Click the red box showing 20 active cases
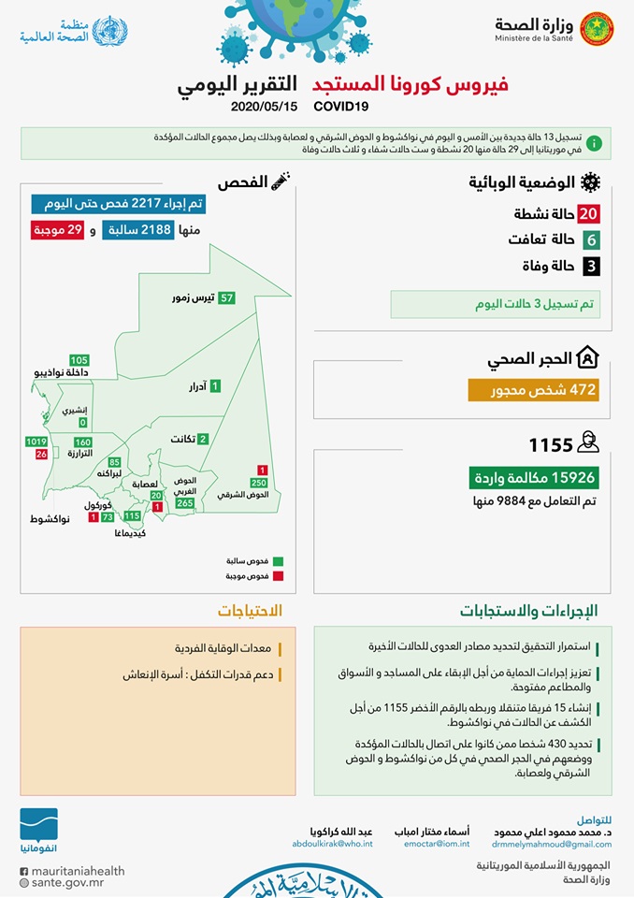(588, 214)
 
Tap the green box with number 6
(589, 240)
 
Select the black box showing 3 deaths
(589, 267)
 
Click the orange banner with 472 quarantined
(533, 390)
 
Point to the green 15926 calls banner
(533, 478)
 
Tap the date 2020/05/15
(264, 106)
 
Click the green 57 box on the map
(227, 297)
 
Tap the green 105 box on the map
(79, 360)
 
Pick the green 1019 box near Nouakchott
(36, 442)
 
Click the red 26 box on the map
(41, 454)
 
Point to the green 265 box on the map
(184, 503)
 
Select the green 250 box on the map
(259, 482)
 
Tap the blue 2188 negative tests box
(138, 230)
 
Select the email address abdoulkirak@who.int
(332, 844)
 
